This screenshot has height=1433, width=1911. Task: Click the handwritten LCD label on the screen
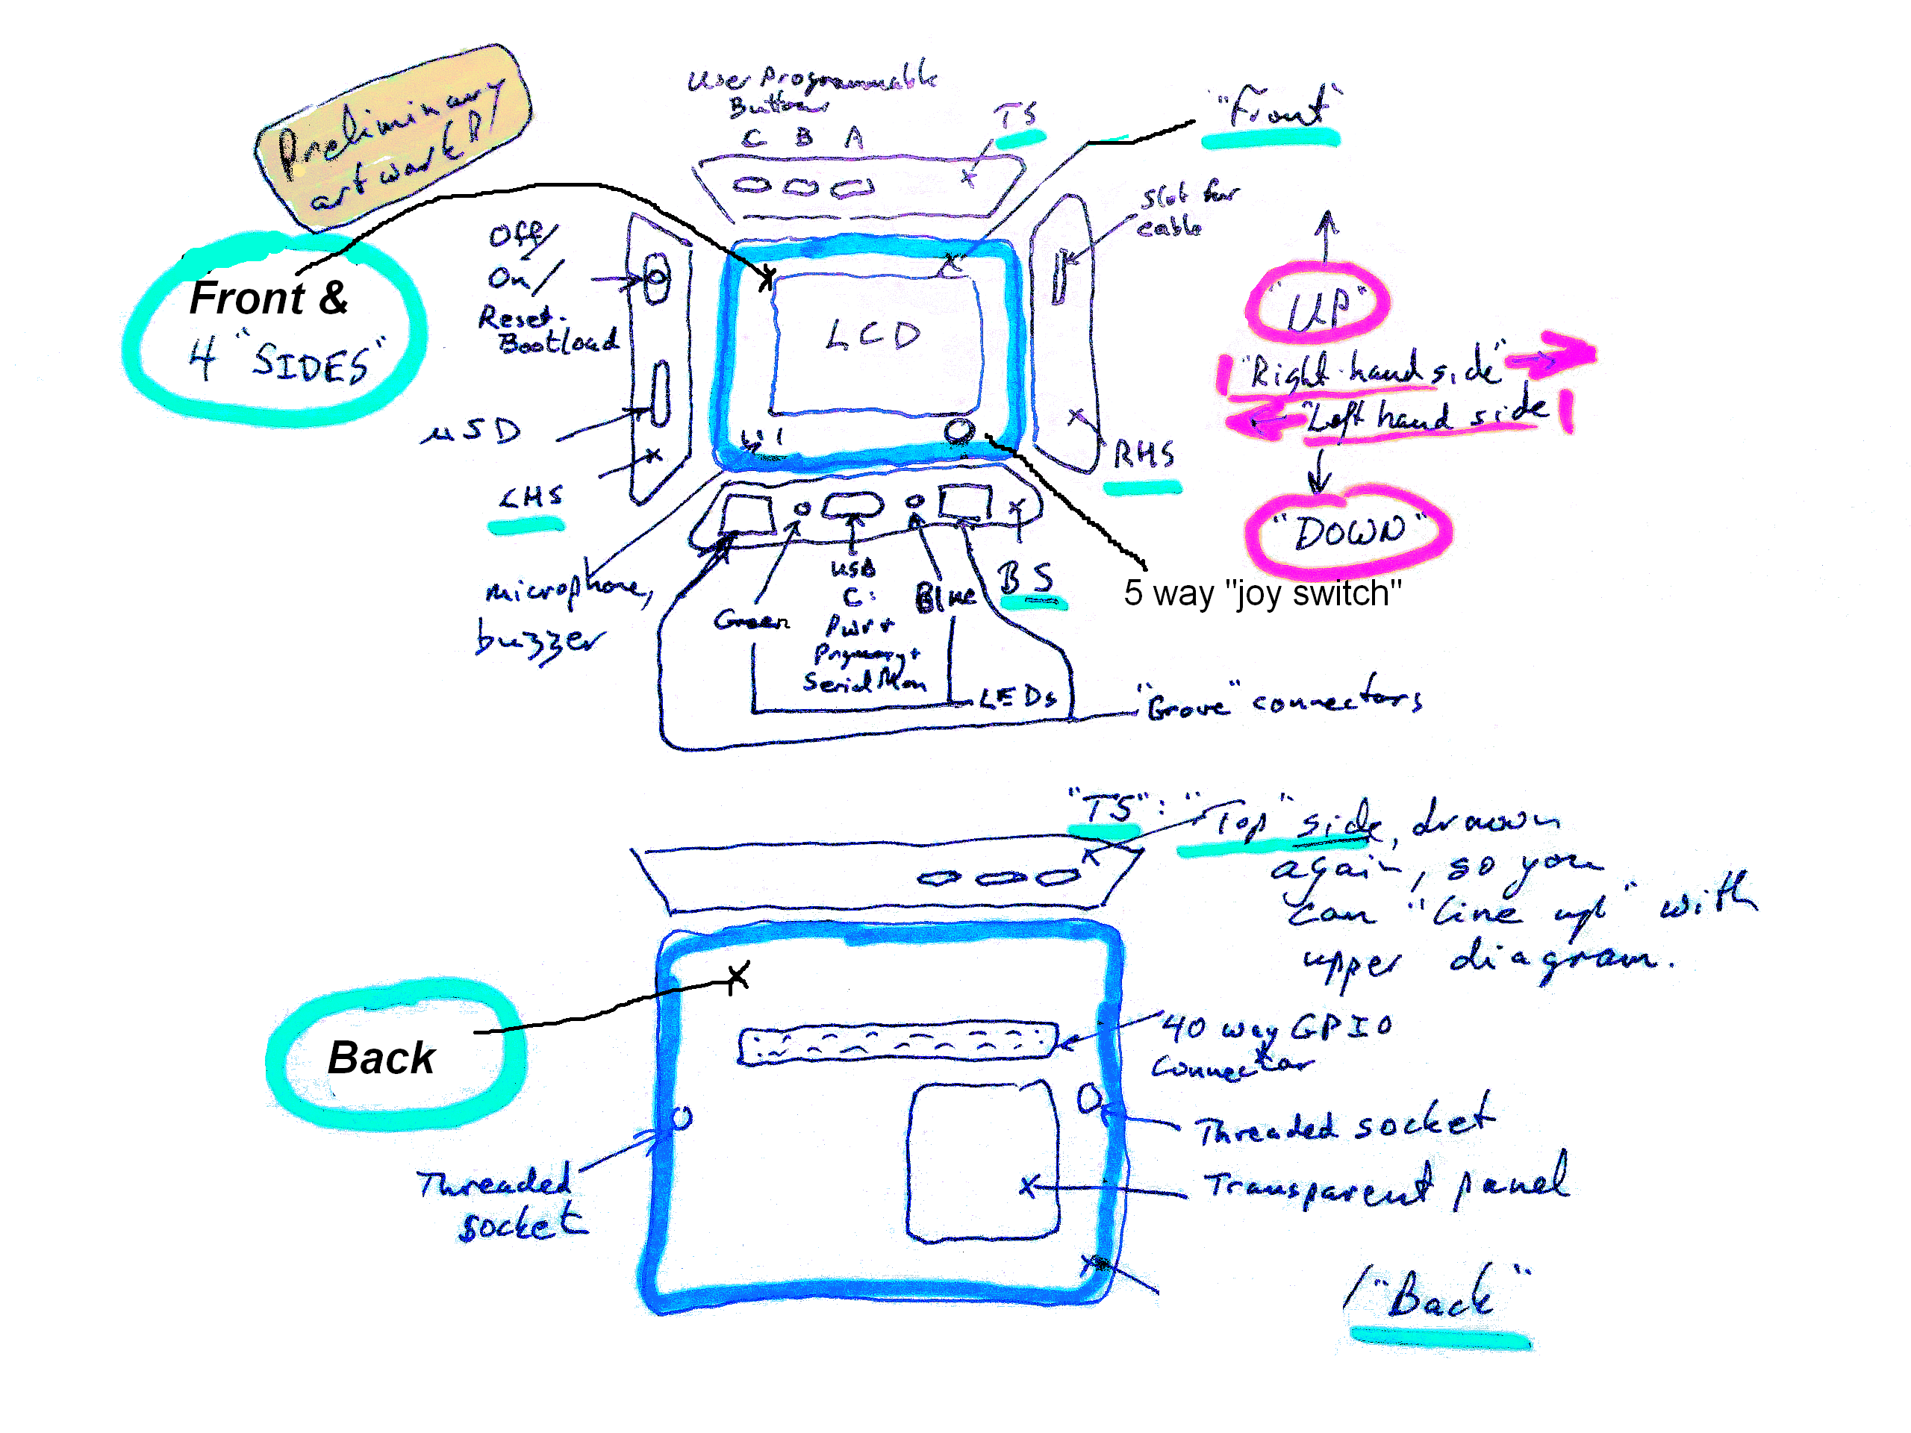pyautogui.click(x=873, y=335)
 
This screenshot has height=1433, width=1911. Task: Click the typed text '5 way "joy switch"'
pyautogui.click(x=1262, y=594)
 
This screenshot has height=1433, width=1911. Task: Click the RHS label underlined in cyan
pyautogui.click(x=1143, y=455)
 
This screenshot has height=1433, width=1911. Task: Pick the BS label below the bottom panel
pyautogui.click(x=1026, y=578)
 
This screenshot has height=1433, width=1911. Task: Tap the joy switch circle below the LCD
pyautogui.click(x=957, y=429)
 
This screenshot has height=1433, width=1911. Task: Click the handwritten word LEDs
pyautogui.click(x=1017, y=697)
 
